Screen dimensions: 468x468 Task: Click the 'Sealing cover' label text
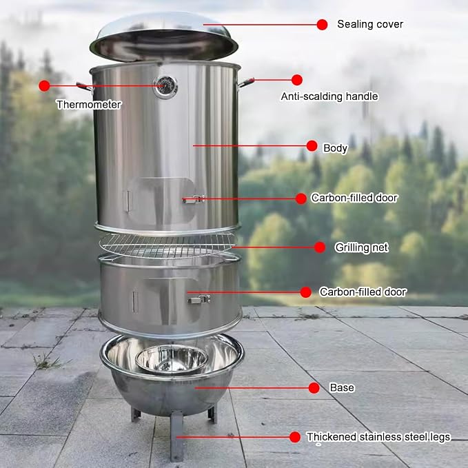pos(370,24)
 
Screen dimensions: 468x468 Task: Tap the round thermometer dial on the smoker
pos(165,87)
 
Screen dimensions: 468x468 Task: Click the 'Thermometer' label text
pos(89,105)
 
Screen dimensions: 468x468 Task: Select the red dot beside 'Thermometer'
pos(44,86)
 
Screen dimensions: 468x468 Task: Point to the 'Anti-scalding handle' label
pos(329,96)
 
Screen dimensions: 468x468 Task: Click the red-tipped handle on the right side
pos(246,83)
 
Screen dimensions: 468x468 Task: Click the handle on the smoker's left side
pos(85,87)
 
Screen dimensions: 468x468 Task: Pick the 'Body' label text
pos(336,148)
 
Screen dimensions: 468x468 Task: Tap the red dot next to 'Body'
pos(312,146)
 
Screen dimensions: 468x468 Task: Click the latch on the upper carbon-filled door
pos(194,199)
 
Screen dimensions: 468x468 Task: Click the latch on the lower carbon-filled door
pos(199,299)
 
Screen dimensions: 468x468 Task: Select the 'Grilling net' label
pos(361,247)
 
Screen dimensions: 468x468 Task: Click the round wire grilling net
pos(167,245)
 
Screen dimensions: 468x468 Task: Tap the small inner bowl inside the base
pos(172,359)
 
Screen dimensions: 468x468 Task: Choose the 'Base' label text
pos(342,387)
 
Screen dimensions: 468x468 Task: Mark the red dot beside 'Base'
pos(314,388)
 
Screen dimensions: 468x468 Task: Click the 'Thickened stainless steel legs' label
pos(378,437)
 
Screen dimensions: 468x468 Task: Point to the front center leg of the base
pos(176,436)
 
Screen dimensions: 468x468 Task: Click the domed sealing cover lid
pos(164,37)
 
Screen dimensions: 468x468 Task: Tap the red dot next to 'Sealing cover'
pos(322,25)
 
